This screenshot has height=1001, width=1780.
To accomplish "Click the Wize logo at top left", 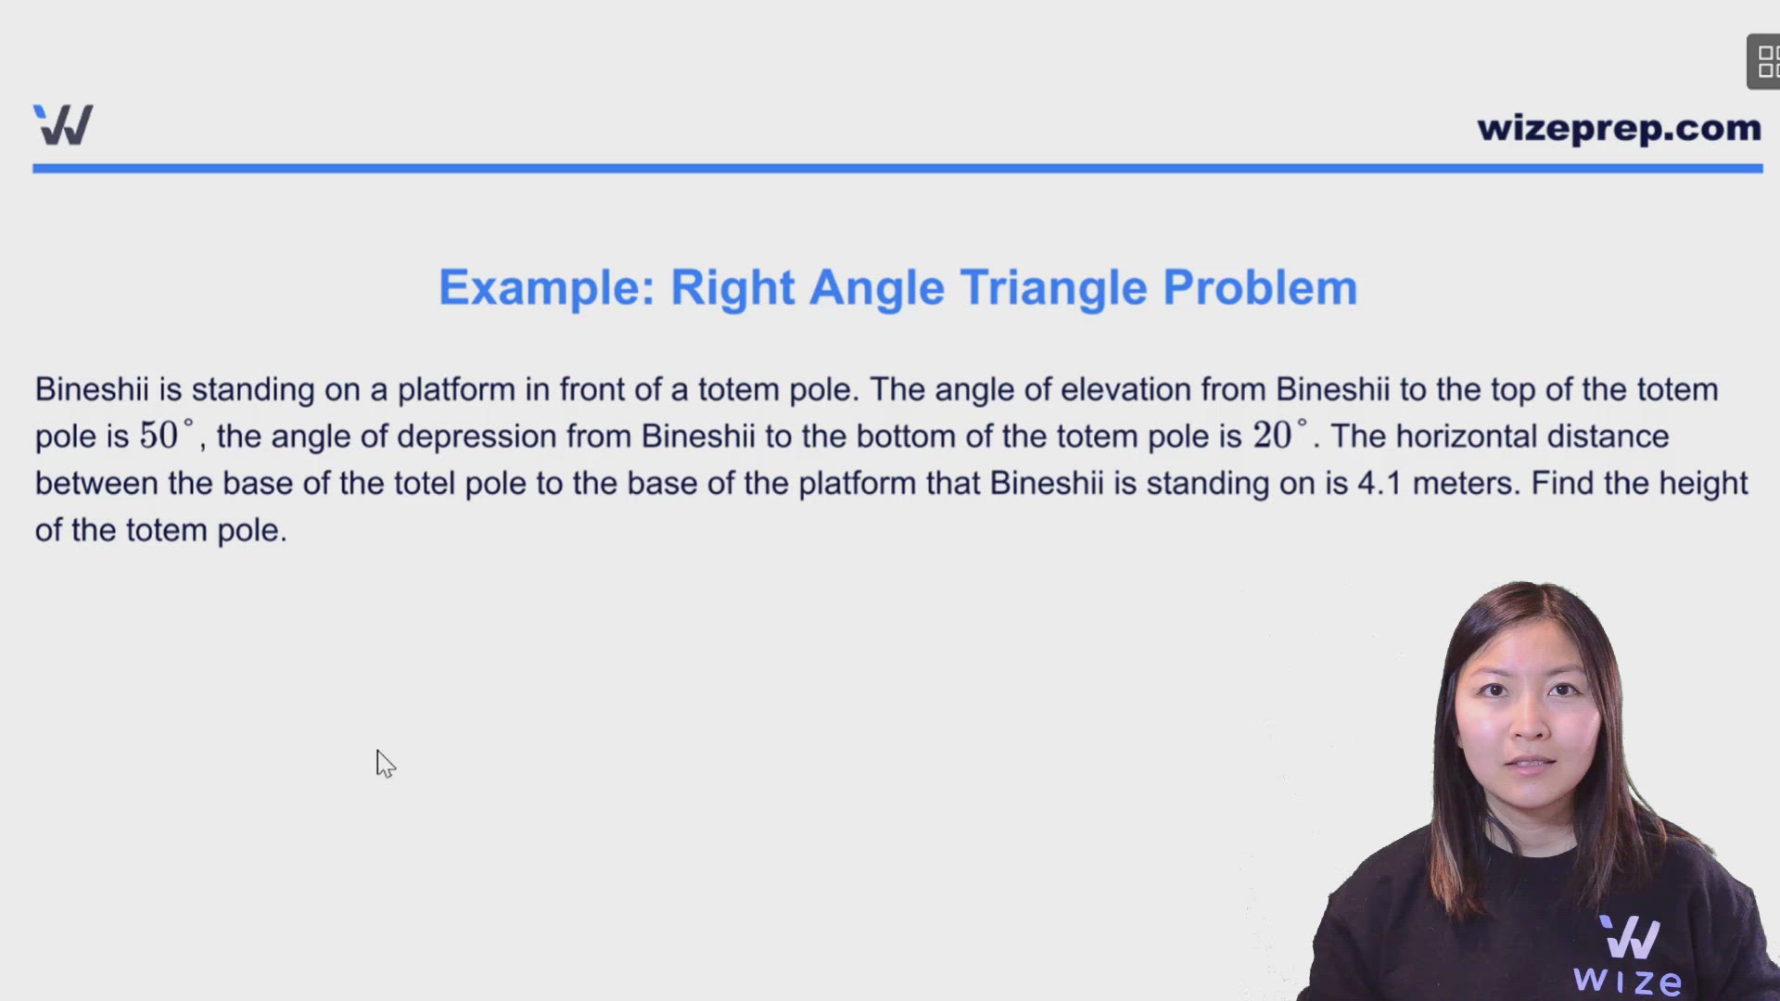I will (63, 125).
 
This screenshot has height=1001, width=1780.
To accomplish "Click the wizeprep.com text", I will (1619, 128).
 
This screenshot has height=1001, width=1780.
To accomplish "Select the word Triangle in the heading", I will (1053, 287).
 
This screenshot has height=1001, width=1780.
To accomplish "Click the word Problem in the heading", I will (1260, 287).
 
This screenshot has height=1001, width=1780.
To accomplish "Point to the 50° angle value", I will (166, 435).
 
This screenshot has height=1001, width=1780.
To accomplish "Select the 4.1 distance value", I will (1379, 483).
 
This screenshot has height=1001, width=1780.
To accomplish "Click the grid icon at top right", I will (1764, 62).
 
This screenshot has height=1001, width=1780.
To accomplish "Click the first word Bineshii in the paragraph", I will (91, 389).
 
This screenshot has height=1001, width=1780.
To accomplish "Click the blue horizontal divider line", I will (897, 169).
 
